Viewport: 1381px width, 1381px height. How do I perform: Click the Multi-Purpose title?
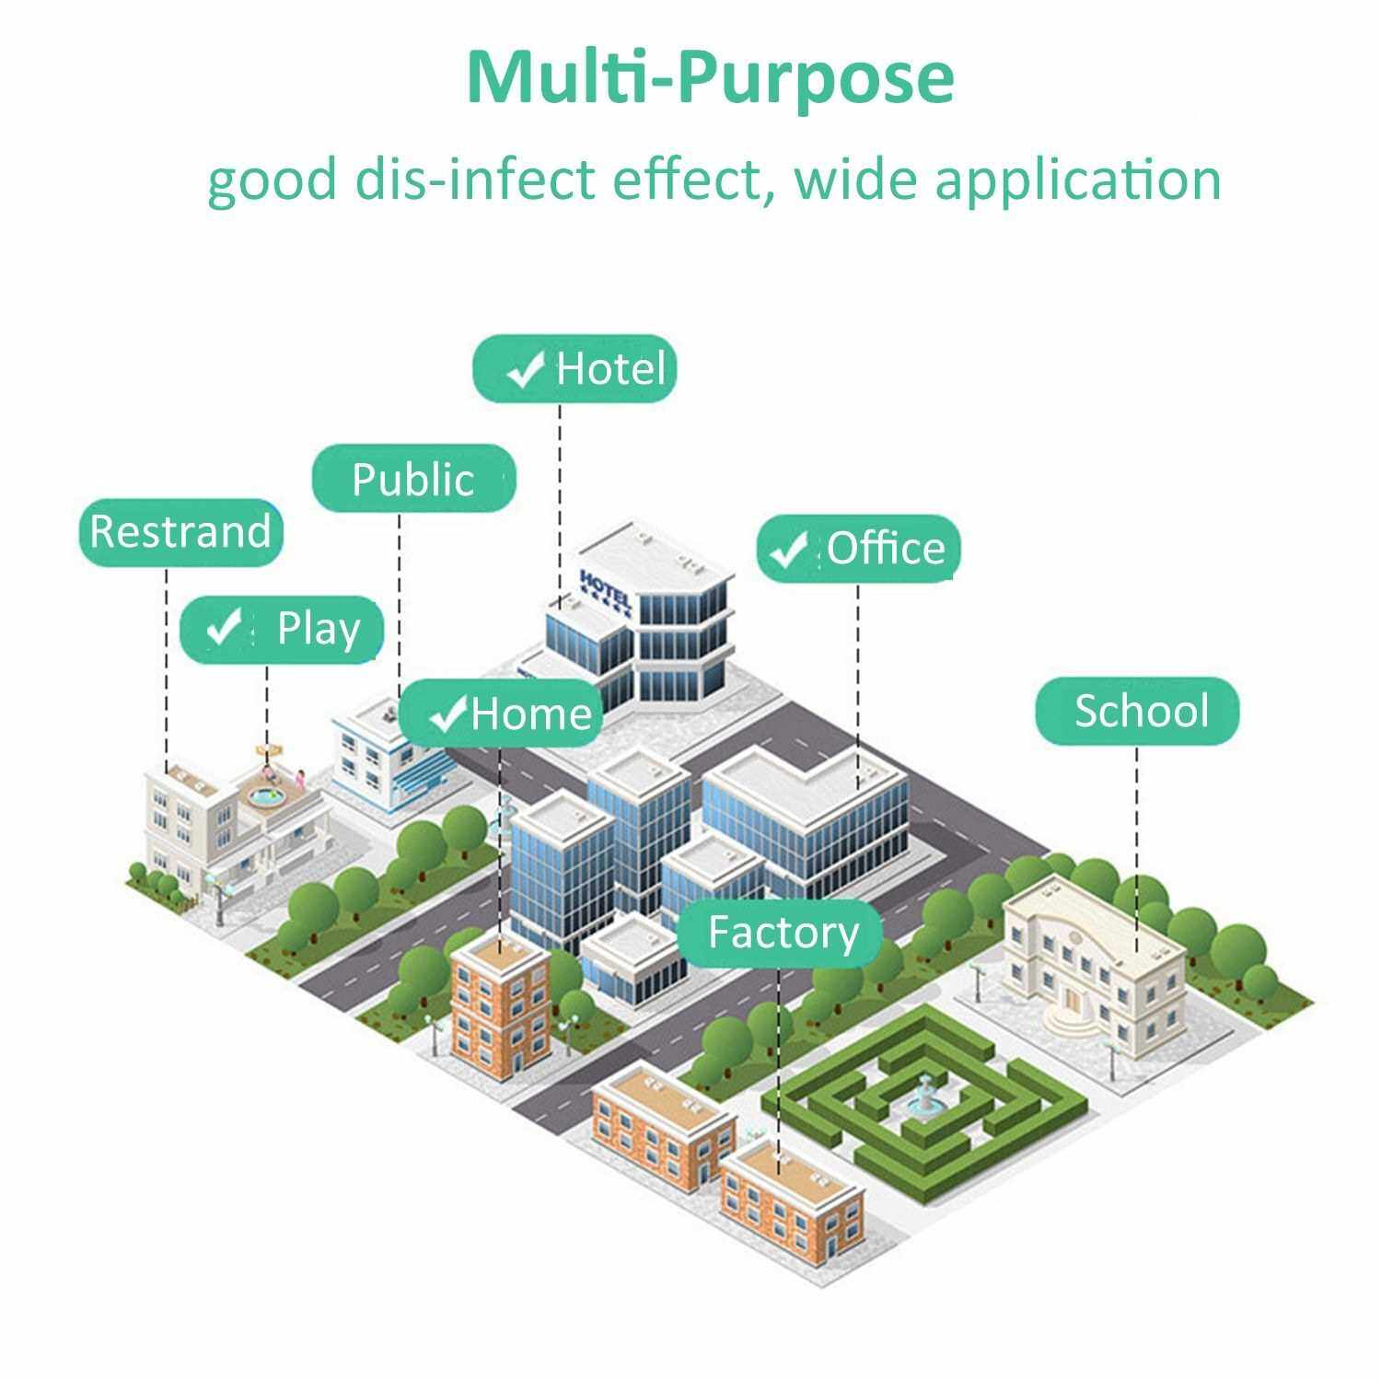[710, 78]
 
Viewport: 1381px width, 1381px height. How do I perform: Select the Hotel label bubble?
[574, 368]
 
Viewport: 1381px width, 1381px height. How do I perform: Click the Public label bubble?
[413, 479]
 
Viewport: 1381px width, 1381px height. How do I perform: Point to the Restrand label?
[180, 532]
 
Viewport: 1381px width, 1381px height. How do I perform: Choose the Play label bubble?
[282, 629]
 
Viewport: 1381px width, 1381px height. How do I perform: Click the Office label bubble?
[859, 549]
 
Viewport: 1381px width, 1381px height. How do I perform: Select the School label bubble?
[1138, 711]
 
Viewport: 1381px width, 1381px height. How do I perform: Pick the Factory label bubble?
[781, 932]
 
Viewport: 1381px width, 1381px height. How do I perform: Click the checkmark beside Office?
[789, 550]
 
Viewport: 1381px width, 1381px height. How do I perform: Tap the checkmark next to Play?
[223, 627]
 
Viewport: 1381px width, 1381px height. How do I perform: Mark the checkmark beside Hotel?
[526, 370]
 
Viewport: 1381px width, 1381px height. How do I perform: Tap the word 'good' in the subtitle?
[272, 180]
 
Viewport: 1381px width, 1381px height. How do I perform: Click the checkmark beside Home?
[451, 713]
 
